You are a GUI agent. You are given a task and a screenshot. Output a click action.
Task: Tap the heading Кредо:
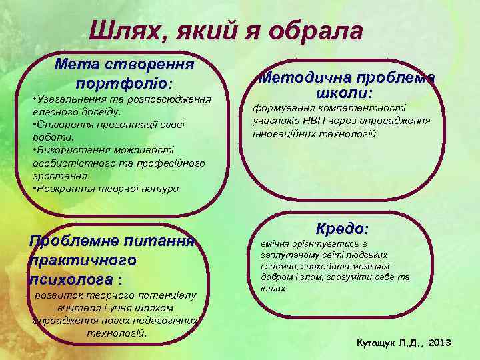coord(342,229)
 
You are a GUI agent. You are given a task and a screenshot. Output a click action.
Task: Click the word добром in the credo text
coord(275,277)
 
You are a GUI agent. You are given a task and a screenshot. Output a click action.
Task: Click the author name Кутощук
coord(377,343)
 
